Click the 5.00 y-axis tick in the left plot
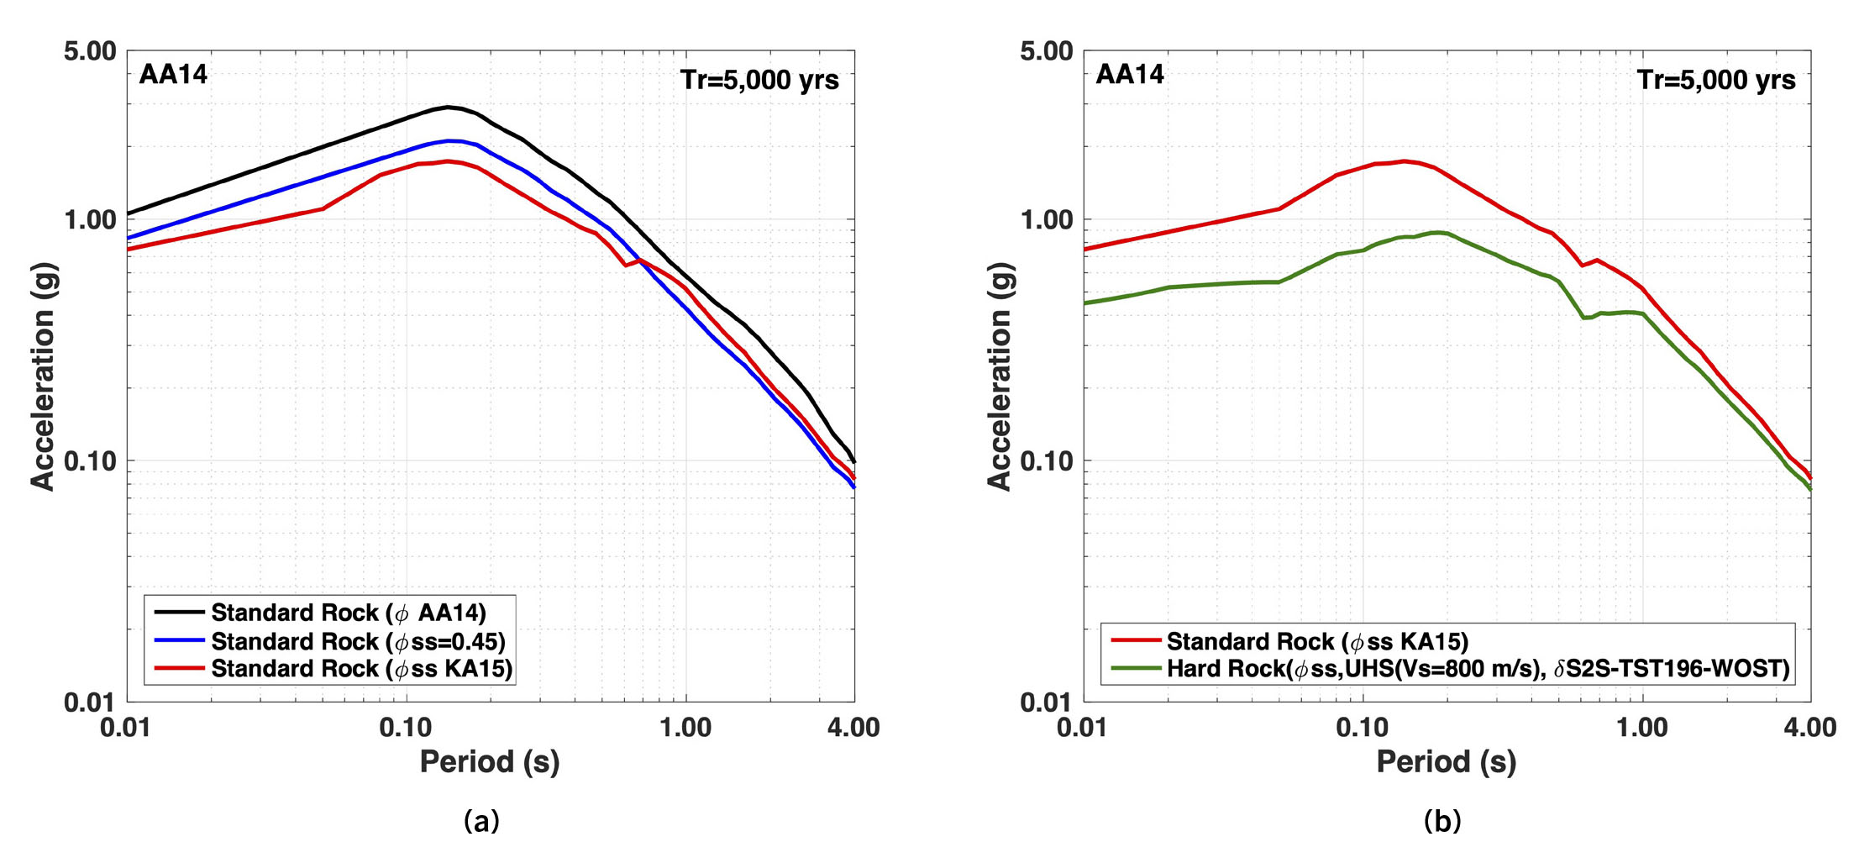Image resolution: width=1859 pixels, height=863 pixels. coord(90,50)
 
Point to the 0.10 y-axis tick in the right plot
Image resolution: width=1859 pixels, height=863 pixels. coord(1047,460)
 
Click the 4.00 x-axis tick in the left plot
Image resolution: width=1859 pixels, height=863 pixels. coord(853,728)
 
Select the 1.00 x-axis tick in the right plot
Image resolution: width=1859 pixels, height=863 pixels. coord(1641,728)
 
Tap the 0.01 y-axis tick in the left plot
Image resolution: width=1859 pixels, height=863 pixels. coord(90,702)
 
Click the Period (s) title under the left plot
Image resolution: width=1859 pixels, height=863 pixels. coord(490,762)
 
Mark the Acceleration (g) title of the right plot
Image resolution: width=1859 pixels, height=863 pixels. coord(999,376)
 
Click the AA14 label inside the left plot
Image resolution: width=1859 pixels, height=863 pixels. coord(173,75)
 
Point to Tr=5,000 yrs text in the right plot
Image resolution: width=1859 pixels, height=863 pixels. coord(1715,80)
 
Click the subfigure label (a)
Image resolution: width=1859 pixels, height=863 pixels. coord(481,820)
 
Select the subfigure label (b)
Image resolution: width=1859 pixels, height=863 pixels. coord(1442,820)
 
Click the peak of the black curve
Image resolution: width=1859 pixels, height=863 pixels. coord(449,107)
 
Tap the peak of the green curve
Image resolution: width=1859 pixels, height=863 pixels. coord(1437,232)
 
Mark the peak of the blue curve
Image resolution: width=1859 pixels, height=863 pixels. coord(450,140)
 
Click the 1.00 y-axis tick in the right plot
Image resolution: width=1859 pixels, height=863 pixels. coord(1047,219)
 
